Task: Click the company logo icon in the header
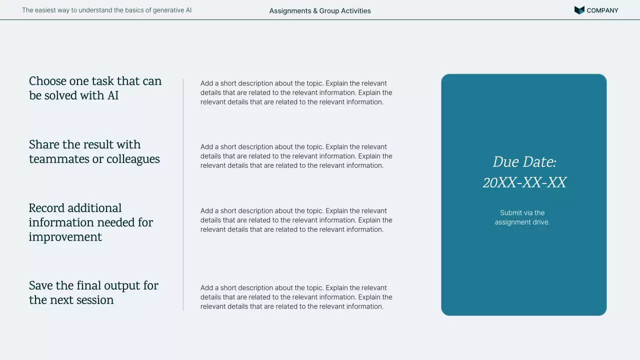[x=579, y=10]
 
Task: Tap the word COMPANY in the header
[x=602, y=10]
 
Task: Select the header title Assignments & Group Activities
[x=320, y=10]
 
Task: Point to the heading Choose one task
[x=95, y=81]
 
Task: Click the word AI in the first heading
[x=113, y=95]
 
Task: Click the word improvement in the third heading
[x=65, y=237]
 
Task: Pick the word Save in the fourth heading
[x=40, y=285]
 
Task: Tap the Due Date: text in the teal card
[x=524, y=162]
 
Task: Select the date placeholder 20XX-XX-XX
[x=524, y=182]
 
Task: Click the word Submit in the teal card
[x=510, y=213]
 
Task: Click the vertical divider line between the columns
[x=183, y=194]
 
